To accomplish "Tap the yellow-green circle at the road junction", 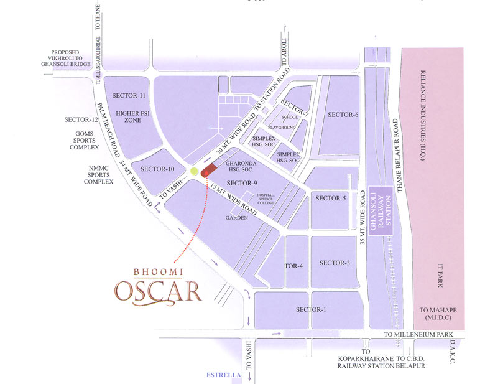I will tap(195, 171).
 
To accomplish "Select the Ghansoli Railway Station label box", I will tap(381, 210).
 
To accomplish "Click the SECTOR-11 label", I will tap(129, 95).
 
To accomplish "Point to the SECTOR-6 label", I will tap(343, 115).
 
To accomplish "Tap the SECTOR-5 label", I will tap(330, 198).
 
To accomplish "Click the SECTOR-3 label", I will tap(335, 263).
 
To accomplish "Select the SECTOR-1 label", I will tap(311, 309).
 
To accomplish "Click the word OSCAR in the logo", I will tap(157, 291).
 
